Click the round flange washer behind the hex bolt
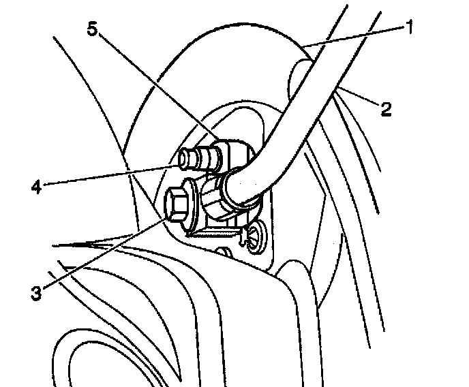coord(192,211)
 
